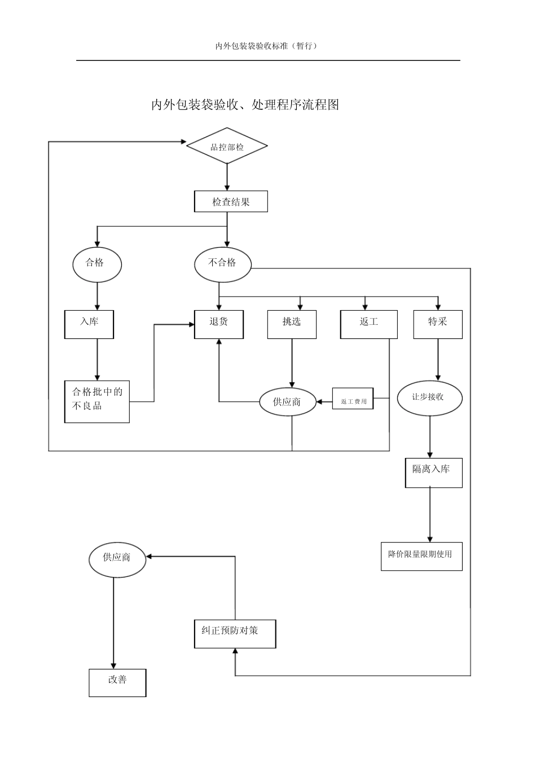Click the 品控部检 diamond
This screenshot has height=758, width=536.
[x=227, y=147]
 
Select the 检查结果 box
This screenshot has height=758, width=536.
[x=231, y=201]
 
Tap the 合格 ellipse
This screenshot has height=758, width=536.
[x=97, y=264]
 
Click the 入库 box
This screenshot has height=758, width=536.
[x=89, y=324]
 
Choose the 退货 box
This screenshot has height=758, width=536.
[x=219, y=324]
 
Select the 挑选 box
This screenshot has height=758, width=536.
[x=292, y=324]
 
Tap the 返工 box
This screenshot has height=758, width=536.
[x=368, y=324]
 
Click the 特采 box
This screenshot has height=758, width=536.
[x=438, y=324]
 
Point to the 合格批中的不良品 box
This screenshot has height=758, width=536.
[x=97, y=401]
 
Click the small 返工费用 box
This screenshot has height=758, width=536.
[x=353, y=399]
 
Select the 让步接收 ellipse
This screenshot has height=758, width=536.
[x=429, y=398]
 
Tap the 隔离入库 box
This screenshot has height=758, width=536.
[x=433, y=473]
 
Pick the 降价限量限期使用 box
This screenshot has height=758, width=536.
[x=421, y=556]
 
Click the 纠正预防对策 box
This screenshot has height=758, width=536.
[x=235, y=634]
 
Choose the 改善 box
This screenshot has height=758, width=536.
[x=117, y=682]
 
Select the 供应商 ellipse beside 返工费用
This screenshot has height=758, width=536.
[x=287, y=402]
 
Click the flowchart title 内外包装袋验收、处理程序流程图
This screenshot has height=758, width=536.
[x=245, y=104]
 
